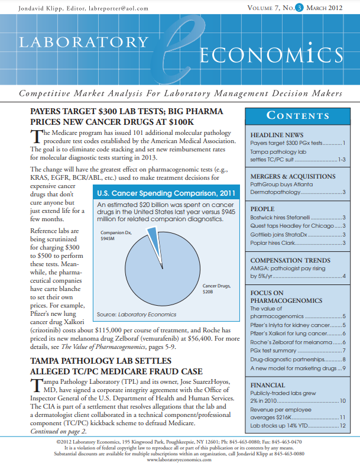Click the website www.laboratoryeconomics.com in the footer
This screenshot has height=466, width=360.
[x=180, y=459]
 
